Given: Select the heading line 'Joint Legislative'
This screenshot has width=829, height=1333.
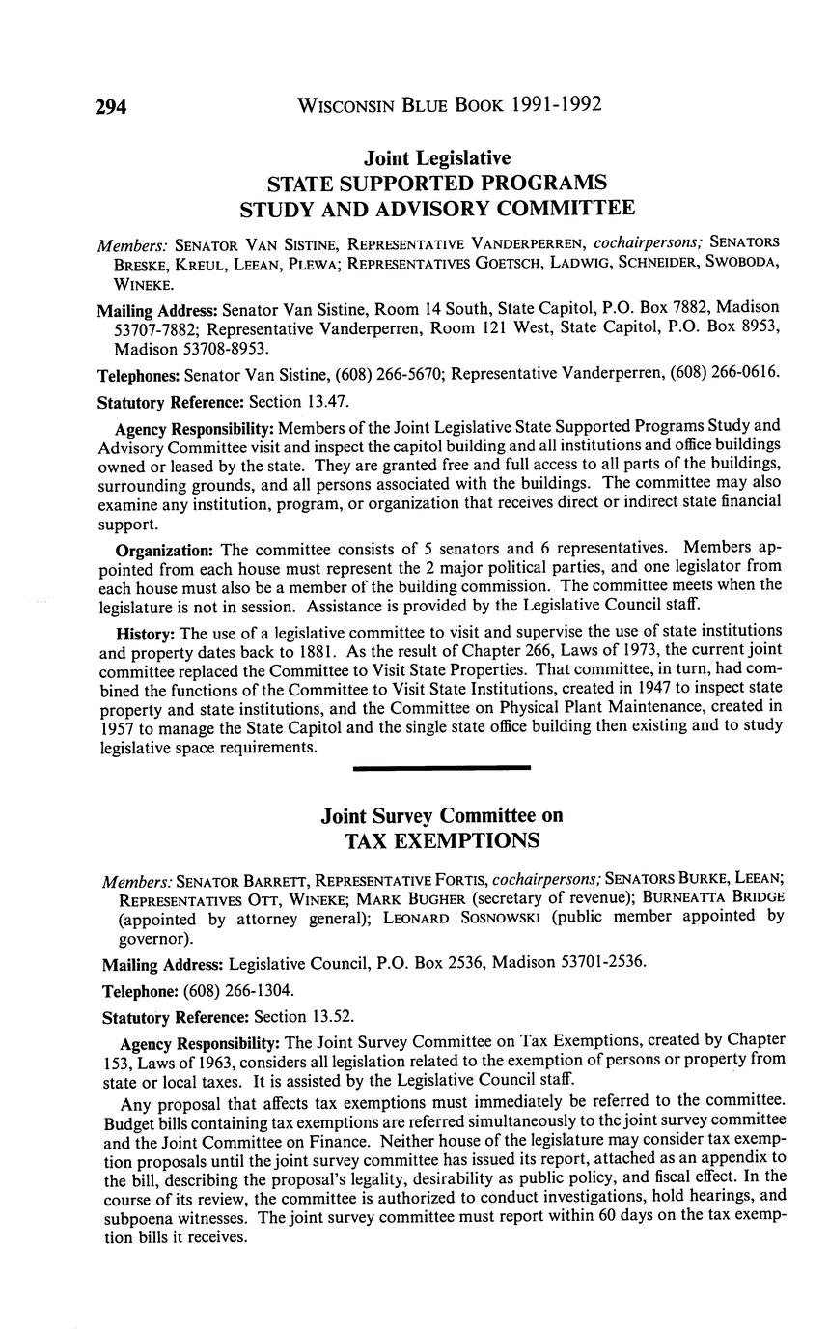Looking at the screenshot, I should tap(437, 157).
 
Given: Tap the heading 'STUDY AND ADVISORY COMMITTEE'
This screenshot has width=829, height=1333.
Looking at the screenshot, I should tap(437, 208).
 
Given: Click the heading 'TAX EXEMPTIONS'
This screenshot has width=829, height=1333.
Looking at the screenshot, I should tap(442, 840).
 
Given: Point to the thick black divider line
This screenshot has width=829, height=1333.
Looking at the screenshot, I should tap(442, 767).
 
